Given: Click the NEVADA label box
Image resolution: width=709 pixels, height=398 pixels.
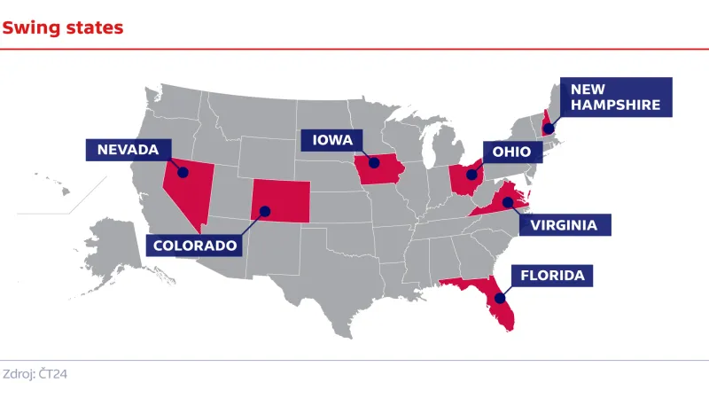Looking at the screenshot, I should click(128, 150).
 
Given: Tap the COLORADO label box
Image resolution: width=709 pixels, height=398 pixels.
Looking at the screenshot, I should click(195, 244).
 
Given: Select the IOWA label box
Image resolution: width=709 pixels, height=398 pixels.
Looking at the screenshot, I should click(332, 140).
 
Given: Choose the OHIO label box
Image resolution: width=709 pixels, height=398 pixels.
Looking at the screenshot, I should click(511, 152).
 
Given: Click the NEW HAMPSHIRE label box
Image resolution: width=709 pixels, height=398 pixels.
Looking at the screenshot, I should click(615, 97).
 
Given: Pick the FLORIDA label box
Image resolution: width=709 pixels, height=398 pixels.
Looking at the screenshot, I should click(550, 276).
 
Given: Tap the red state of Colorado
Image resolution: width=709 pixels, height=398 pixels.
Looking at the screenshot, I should click(281, 200).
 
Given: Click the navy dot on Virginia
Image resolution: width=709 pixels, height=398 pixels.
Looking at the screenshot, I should click(507, 203).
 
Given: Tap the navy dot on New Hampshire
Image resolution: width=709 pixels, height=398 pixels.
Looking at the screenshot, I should click(549, 129).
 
